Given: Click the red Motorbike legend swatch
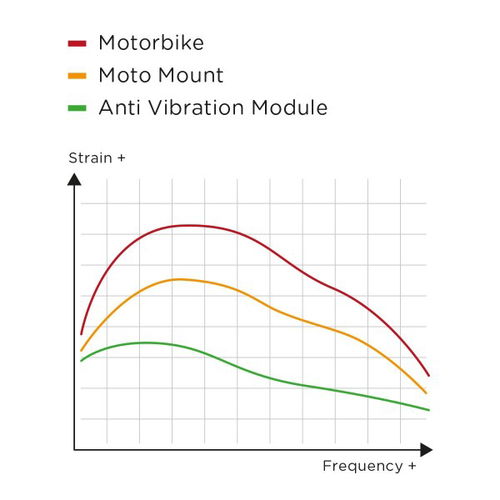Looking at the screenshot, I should click(x=79, y=44).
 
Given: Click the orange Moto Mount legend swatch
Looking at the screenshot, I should click(x=79, y=76).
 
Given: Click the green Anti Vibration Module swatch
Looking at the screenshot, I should click(x=79, y=108).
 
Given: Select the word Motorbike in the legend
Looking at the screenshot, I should click(x=152, y=43).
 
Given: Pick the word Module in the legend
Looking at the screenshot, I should click(x=290, y=107).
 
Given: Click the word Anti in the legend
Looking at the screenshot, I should click(x=119, y=107).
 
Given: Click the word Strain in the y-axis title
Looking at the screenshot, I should click(x=87, y=158).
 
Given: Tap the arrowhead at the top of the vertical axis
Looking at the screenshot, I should click(x=74, y=180).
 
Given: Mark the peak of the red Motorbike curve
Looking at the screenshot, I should click(x=190, y=225).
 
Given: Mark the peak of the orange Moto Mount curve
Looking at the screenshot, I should click(x=180, y=279).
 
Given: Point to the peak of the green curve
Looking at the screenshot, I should click(x=146, y=342).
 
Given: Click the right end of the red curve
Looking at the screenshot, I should click(x=428, y=376).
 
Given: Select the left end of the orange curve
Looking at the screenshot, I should click(x=81, y=351).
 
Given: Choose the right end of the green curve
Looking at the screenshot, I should click(x=428, y=410).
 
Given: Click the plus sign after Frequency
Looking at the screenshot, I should click(x=412, y=466).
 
